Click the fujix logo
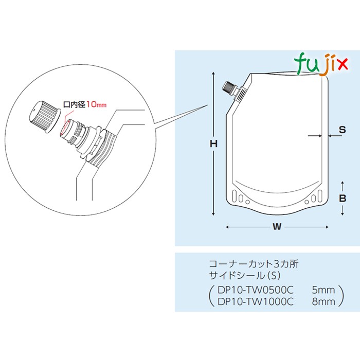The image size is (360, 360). pos(321,64)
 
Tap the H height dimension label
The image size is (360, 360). pos(213,144)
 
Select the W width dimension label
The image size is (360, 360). pos(277,227)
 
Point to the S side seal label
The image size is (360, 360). pos(342,130)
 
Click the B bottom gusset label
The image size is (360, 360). pos(343,198)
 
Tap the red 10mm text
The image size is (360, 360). pos(97,105)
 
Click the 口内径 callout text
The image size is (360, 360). pos(75,105)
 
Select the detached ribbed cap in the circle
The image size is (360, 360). pos(45,116)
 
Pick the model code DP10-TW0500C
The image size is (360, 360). pos(256,290)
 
